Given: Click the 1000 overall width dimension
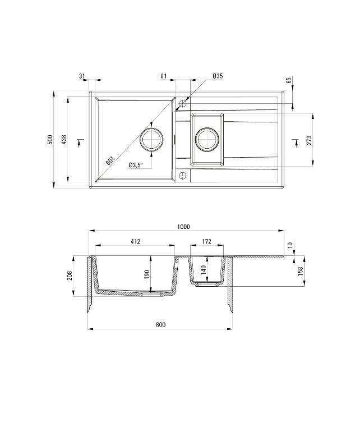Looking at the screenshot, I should [x=183, y=227].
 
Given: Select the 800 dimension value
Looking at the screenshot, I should [x=160, y=325].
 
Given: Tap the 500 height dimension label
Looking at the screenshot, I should [x=50, y=140].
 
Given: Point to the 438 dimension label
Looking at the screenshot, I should [x=64, y=140].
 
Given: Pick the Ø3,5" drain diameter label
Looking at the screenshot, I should [x=136, y=165].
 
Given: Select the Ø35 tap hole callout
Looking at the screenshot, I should [x=218, y=76].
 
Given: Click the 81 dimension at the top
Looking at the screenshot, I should [x=163, y=76].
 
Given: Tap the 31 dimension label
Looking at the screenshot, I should [x=82, y=76].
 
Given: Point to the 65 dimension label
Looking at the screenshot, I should [x=288, y=81].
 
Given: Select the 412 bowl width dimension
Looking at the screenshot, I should [x=135, y=242].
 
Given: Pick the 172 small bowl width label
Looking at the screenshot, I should [x=206, y=242].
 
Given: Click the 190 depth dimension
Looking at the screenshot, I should [x=146, y=274].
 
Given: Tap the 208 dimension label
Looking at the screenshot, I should [x=70, y=276].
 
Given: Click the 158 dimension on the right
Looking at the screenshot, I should [x=300, y=270].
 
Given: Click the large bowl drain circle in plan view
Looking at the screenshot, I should [x=152, y=139].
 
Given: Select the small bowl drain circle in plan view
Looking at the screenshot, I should [x=206, y=139].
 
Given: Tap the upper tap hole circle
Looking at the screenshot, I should [x=182, y=104].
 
